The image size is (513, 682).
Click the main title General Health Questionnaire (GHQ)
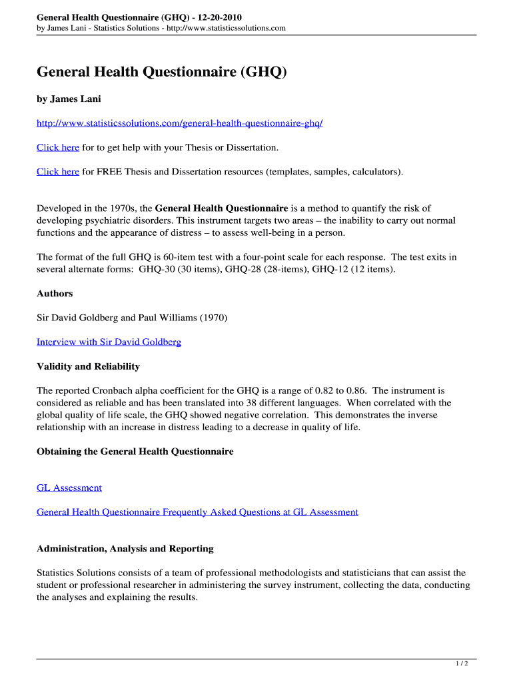click(x=161, y=72)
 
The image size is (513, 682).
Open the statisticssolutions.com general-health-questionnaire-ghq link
click(x=179, y=123)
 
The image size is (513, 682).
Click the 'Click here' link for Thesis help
click(x=58, y=147)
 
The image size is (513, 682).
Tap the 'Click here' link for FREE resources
click(x=58, y=171)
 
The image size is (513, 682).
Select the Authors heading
click(x=55, y=293)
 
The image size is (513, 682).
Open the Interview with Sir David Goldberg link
click(x=109, y=342)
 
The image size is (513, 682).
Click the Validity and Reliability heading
click(x=88, y=366)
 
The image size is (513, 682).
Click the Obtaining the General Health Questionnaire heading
click(x=135, y=452)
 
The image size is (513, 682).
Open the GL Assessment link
click(x=69, y=488)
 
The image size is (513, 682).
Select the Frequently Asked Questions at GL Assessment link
click(x=197, y=511)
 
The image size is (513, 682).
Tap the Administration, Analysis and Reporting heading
click(x=125, y=549)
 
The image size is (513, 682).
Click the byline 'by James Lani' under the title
click(x=69, y=99)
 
